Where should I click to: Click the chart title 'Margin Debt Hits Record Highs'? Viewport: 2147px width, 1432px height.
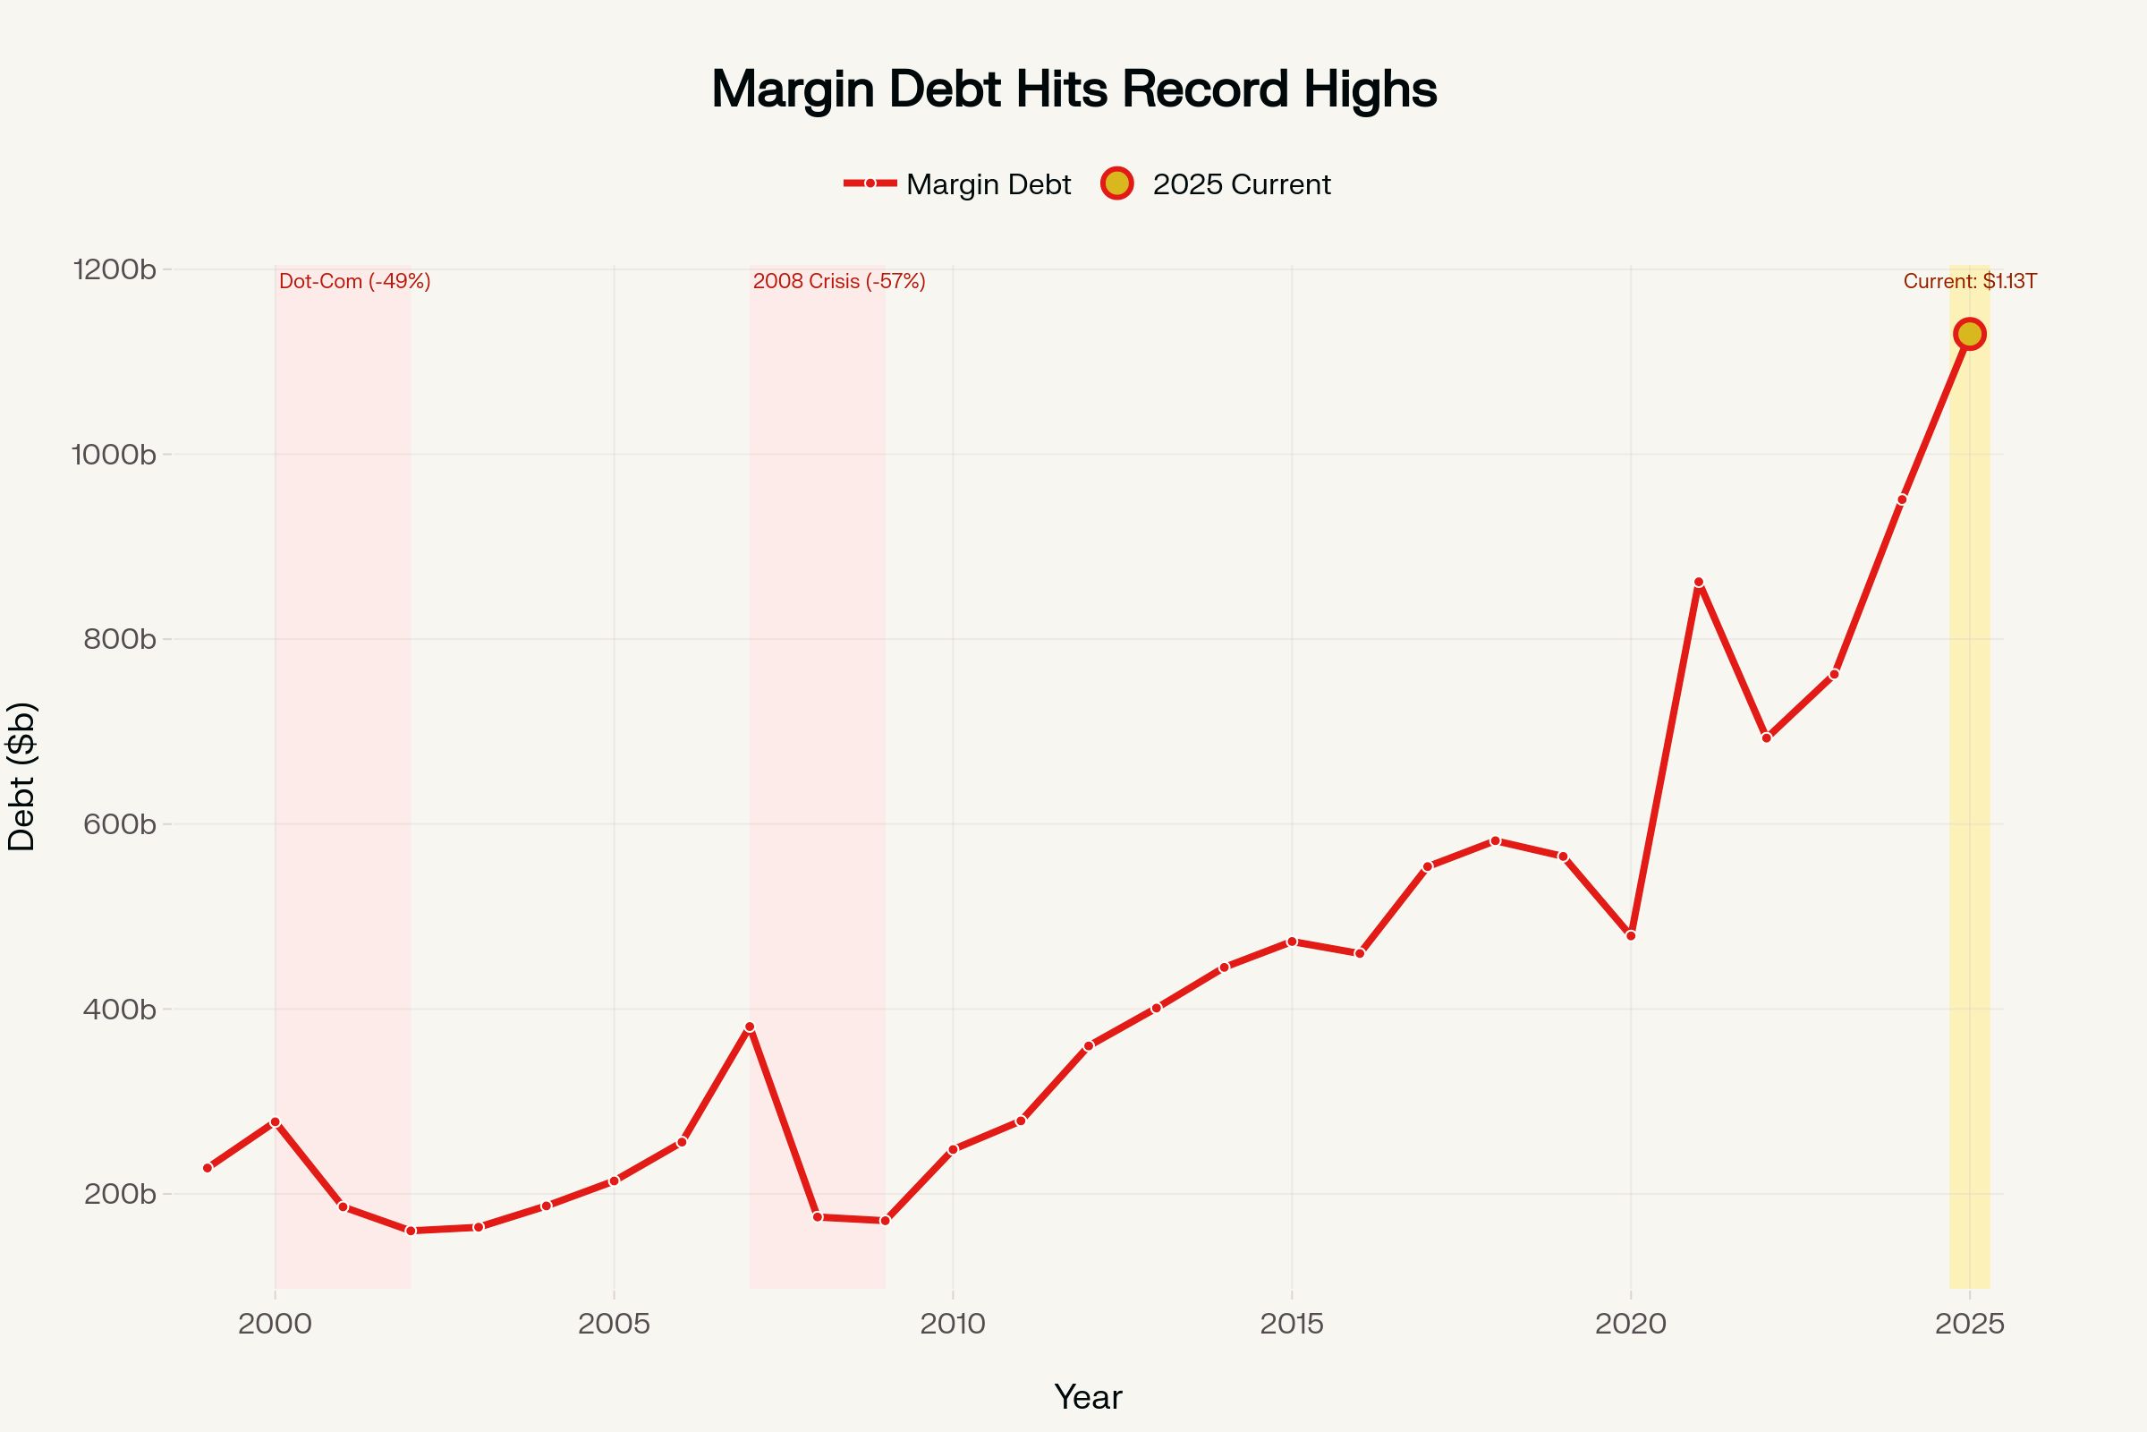(1073, 89)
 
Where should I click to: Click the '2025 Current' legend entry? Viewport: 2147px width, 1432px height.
(1217, 184)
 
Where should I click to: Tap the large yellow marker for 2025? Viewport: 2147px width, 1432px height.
(1969, 334)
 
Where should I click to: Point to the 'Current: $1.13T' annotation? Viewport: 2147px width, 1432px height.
(1969, 281)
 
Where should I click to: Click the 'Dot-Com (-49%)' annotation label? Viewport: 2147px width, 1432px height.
(354, 281)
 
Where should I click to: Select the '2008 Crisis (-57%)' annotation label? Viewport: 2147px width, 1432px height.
(839, 281)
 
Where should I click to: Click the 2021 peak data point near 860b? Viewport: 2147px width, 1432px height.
(1698, 583)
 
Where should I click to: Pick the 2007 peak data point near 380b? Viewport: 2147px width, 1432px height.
(750, 1027)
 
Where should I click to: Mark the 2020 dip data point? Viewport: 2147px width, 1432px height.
(1630, 935)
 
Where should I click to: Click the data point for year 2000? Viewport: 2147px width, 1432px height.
(275, 1121)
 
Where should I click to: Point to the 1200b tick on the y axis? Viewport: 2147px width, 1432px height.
(115, 269)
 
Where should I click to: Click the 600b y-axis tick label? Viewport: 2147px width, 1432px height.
(120, 823)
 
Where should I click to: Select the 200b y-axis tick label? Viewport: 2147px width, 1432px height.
(120, 1194)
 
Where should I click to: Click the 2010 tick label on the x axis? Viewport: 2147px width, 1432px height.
(952, 1325)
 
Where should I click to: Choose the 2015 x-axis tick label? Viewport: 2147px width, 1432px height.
(1291, 1325)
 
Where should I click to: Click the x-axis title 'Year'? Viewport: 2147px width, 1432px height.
(1087, 1396)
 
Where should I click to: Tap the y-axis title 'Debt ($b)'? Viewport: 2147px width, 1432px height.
(21, 776)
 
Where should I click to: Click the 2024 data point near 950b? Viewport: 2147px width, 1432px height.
(1902, 499)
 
